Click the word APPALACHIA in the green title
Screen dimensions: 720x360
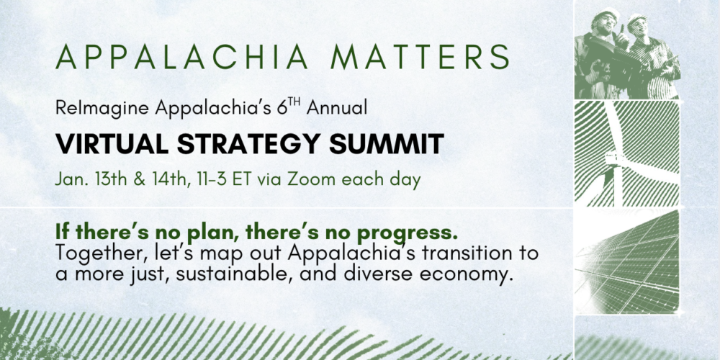[x=181, y=57]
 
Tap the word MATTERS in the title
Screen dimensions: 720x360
[x=420, y=57]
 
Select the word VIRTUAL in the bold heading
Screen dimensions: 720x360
[x=112, y=144]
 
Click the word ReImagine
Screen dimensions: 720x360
[x=102, y=108]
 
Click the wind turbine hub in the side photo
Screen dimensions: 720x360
[x=612, y=159]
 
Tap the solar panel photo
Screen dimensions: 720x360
[x=627, y=262]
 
